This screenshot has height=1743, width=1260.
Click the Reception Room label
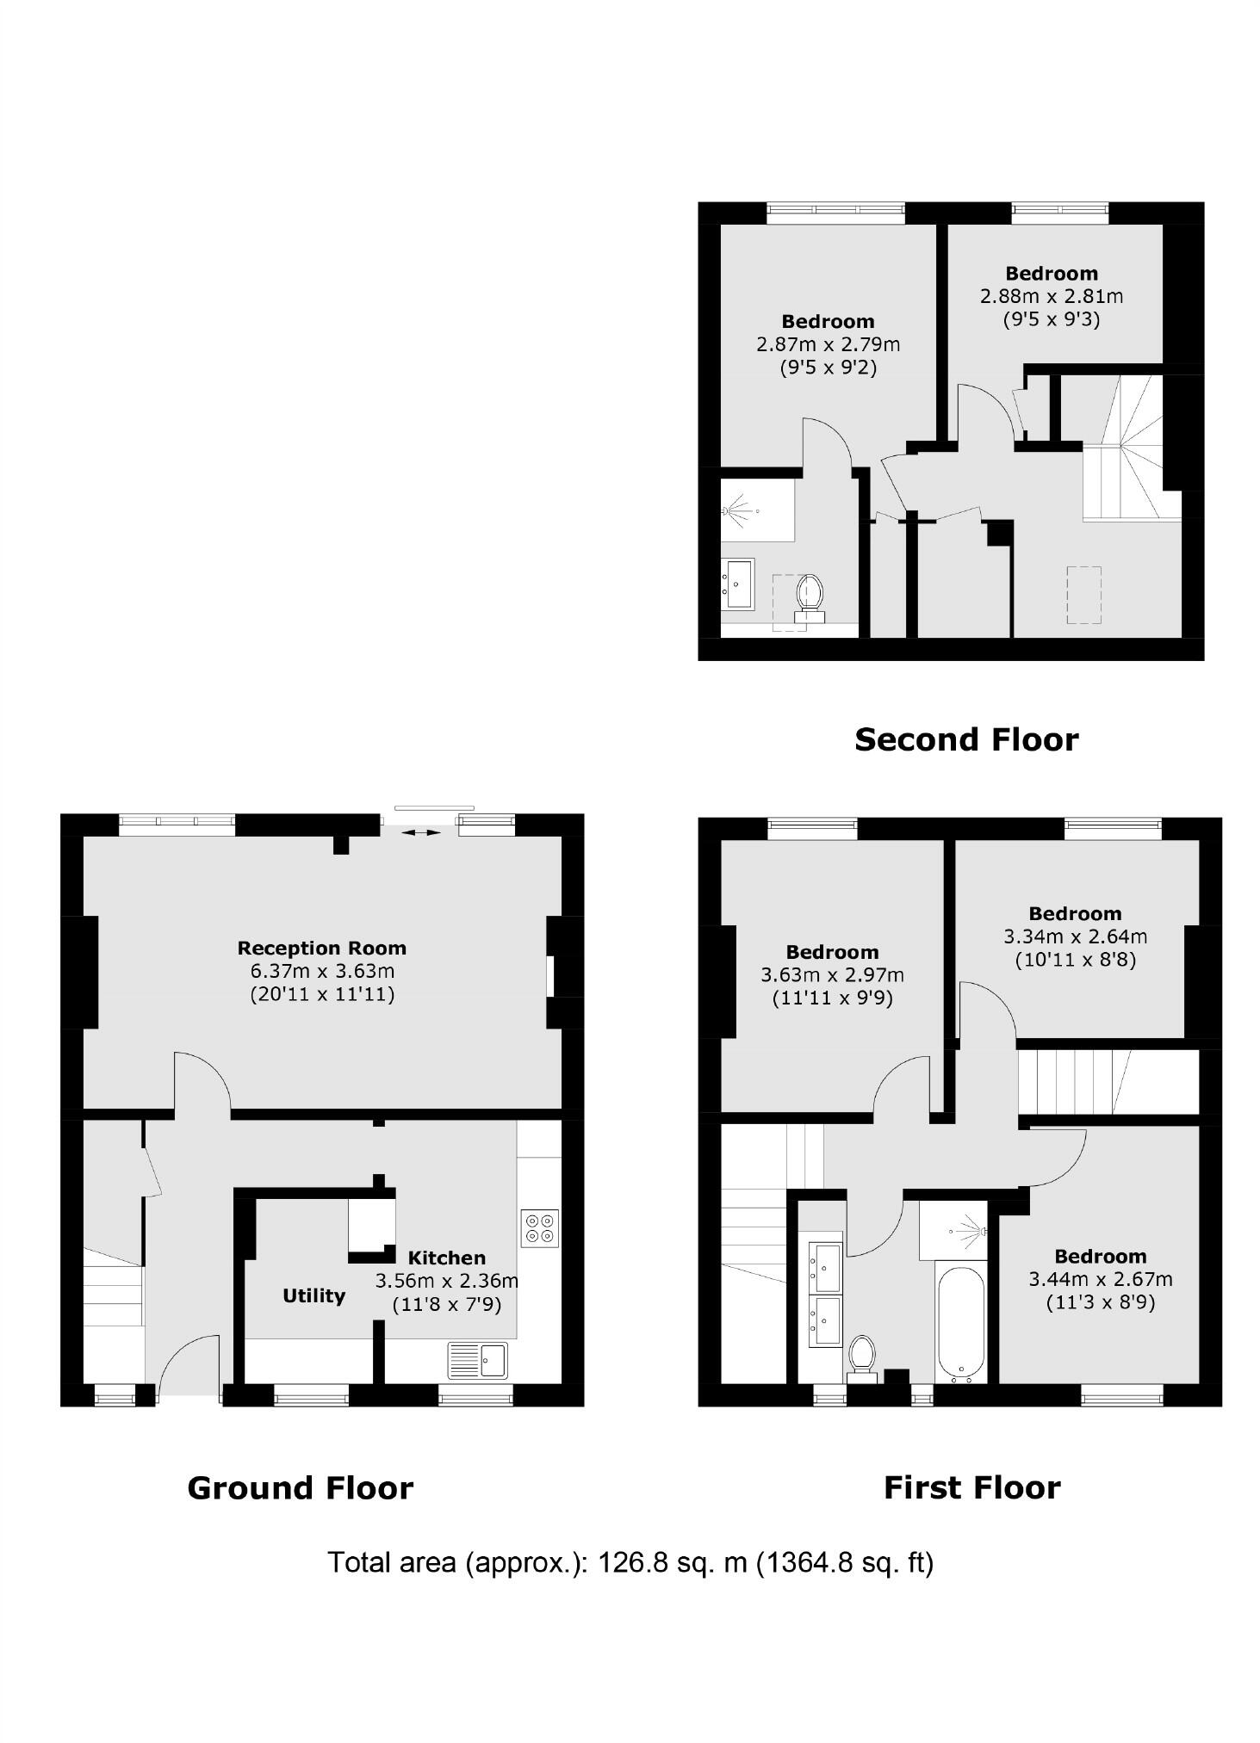click(x=321, y=948)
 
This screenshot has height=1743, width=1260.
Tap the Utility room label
click(x=313, y=1295)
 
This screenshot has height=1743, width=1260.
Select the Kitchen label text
click(x=446, y=1258)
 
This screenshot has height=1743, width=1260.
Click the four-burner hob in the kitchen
click(x=540, y=1228)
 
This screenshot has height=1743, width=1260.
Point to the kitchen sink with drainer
click(x=479, y=1361)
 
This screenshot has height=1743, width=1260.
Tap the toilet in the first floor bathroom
click(x=861, y=1357)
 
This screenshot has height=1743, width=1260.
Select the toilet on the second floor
click(x=810, y=596)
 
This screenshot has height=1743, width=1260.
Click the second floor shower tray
click(x=757, y=510)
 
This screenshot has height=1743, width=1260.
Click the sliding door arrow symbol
click(x=419, y=832)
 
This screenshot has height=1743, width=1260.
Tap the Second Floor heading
click(x=965, y=739)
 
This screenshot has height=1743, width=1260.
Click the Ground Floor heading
click(x=300, y=1487)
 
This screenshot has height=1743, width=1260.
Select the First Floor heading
click(x=971, y=1487)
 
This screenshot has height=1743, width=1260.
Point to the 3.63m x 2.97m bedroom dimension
click(x=831, y=975)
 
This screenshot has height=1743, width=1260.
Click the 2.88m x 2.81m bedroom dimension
click(x=1051, y=296)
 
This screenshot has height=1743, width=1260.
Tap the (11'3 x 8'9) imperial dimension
click(x=1100, y=1302)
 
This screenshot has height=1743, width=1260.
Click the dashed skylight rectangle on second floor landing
click(x=1083, y=594)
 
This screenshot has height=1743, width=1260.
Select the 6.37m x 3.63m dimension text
click(x=322, y=971)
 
